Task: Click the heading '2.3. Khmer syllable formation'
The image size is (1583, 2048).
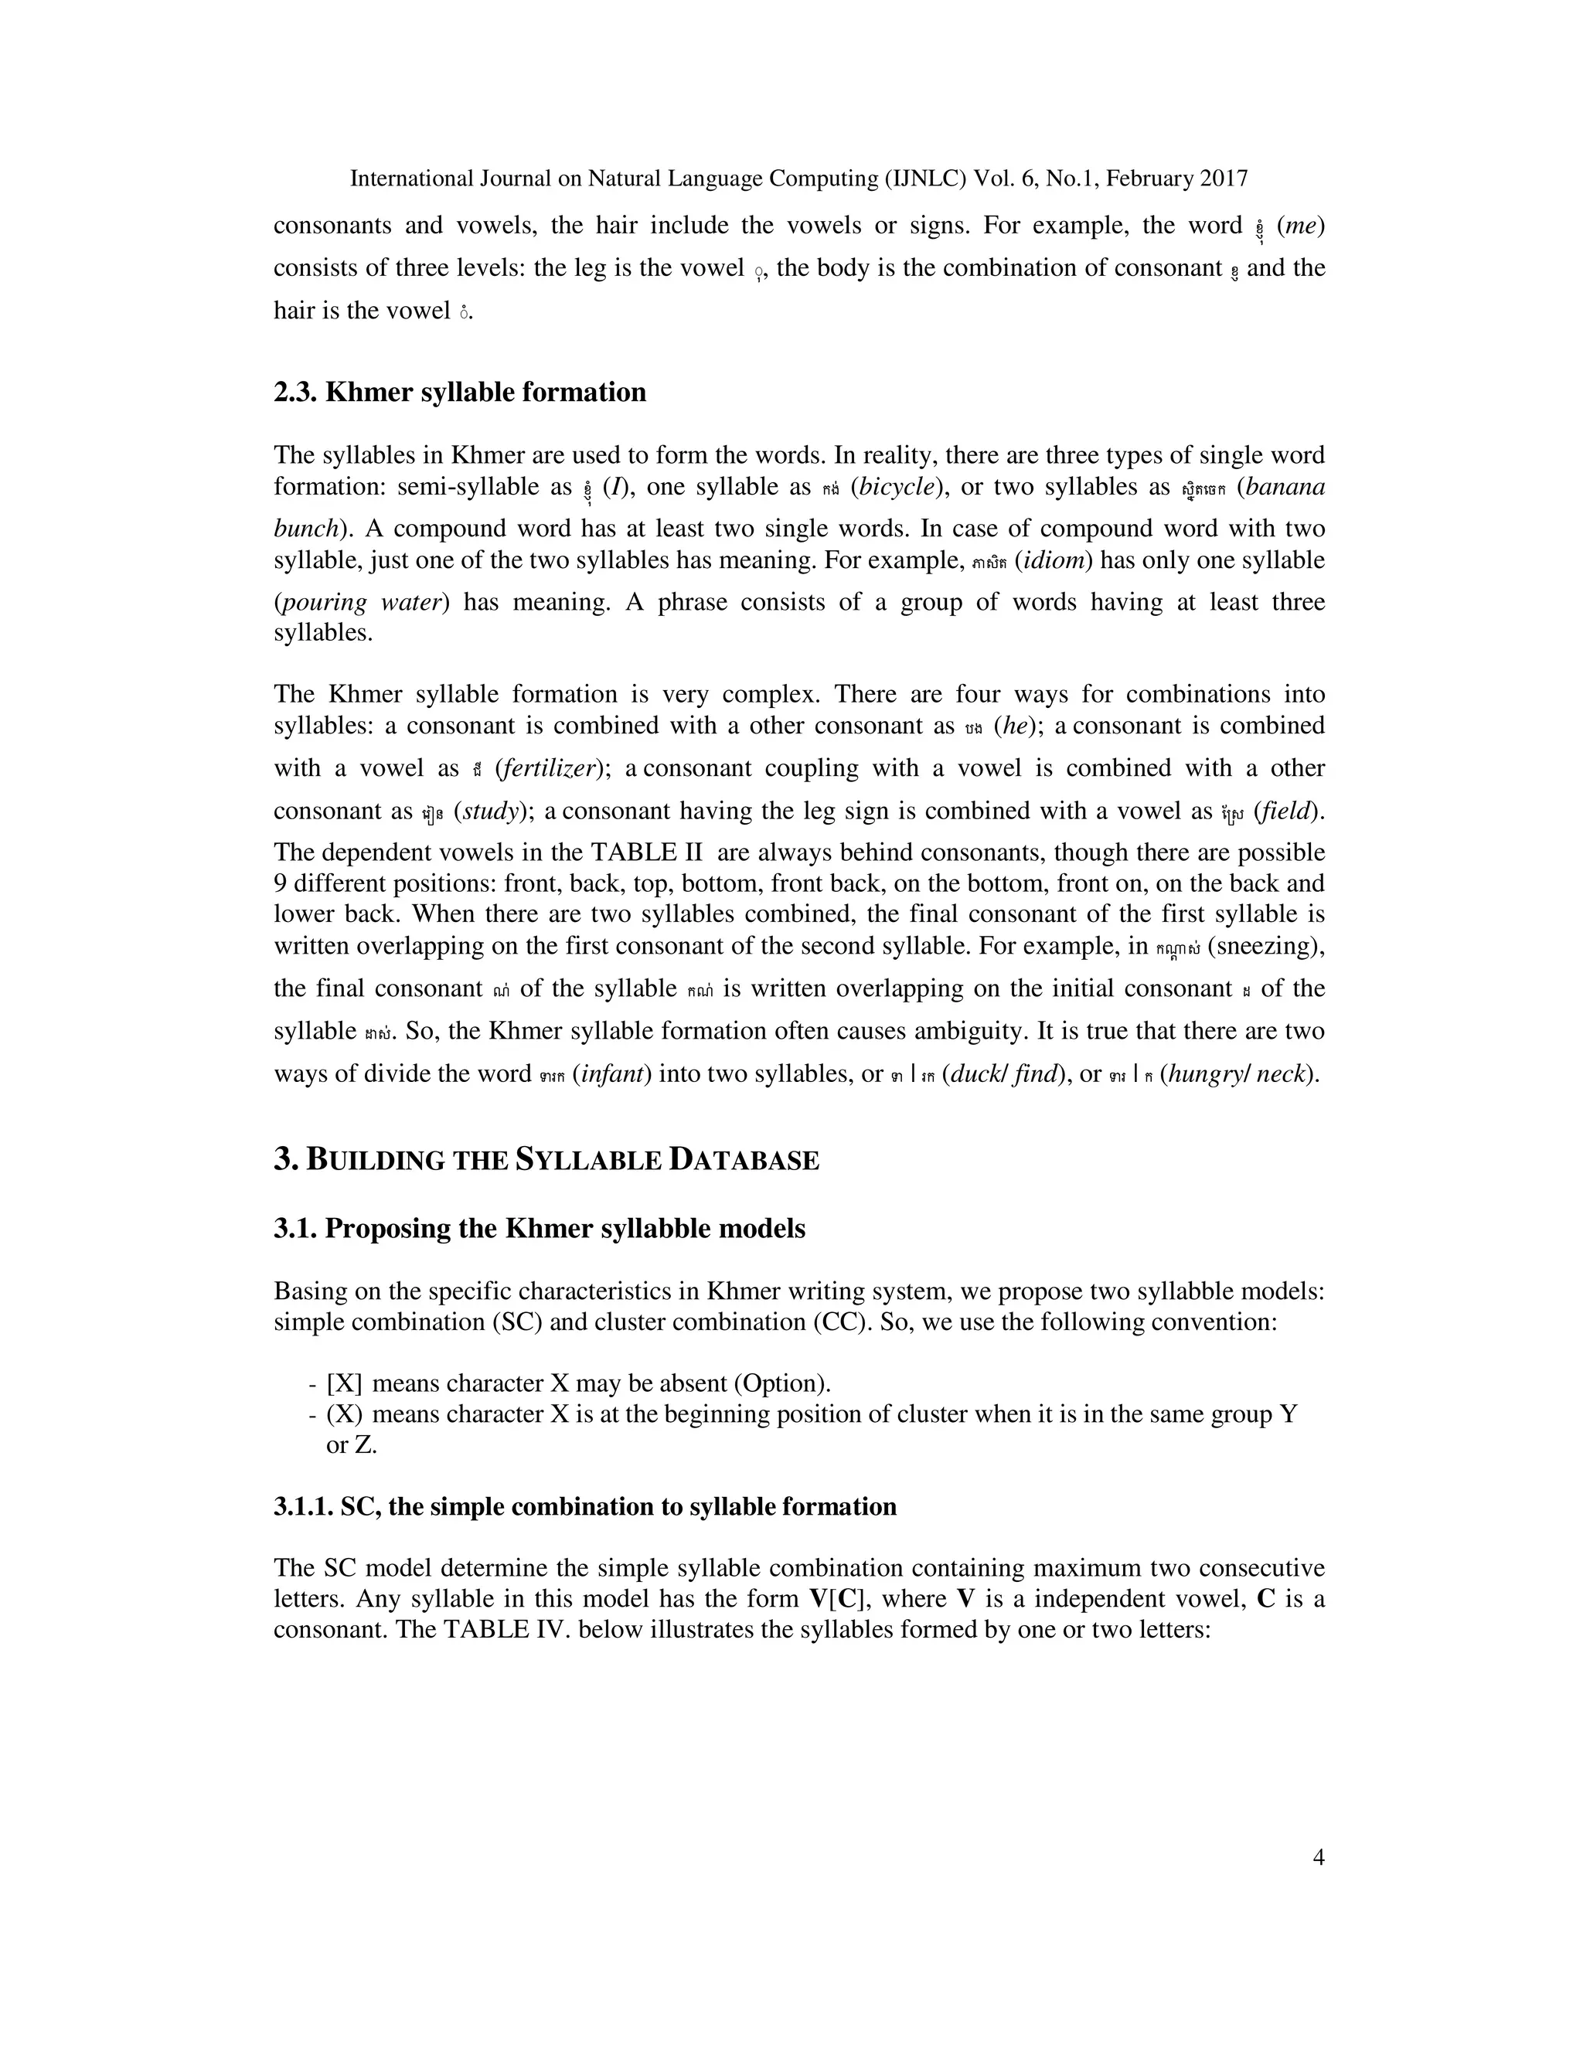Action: (460, 392)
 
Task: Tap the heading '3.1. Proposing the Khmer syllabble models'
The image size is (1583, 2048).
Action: (540, 1229)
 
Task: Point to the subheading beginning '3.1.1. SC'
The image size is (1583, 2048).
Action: (584, 1506)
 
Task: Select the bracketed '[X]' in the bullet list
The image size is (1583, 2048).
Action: (344, 1383)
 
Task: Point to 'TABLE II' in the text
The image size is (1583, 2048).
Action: (645, 852)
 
